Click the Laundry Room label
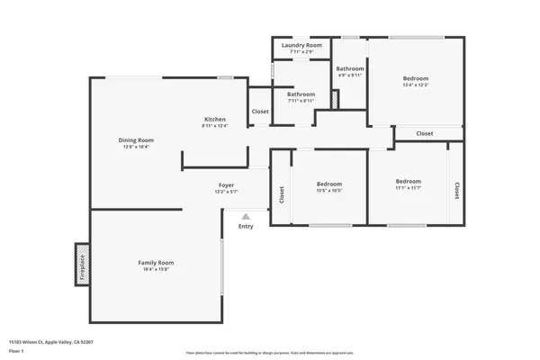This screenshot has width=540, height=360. (301, 45)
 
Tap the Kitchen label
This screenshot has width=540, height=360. (214, 120)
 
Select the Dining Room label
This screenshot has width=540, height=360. (137, 139)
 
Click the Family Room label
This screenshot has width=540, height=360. (156, 262)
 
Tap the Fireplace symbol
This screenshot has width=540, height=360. (81, 264)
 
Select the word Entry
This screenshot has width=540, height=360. (246, 226)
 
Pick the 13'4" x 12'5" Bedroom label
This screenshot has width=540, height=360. (416, 78)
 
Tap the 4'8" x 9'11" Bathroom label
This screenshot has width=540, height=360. (350, 69)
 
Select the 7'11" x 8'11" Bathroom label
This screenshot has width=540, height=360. (301, 94)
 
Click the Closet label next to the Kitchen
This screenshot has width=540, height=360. (260, 112)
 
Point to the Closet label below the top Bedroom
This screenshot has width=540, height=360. (425, 133)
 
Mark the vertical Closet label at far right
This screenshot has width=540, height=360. (456, 190)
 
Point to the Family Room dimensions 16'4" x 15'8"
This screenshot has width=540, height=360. (156, 268)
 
